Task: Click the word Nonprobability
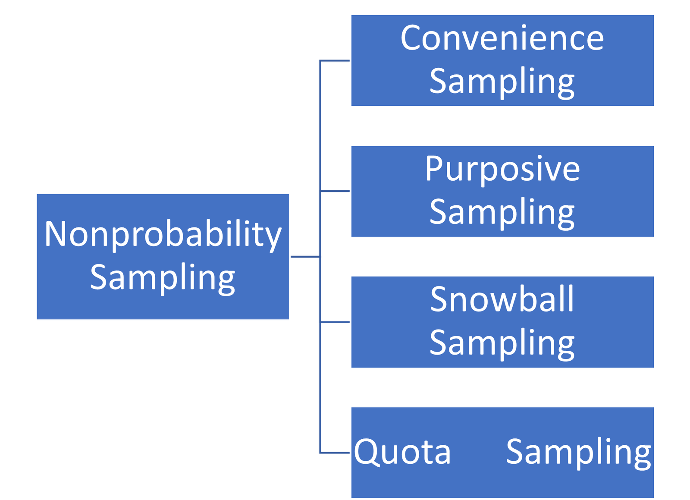[x=163, y=234]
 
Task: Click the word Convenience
[x=502, y=38]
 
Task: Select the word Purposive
[x=502, y=169]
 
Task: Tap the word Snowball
[x=502, y=299]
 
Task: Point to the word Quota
[x=402, y=452]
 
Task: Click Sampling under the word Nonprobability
[x=163, y=278]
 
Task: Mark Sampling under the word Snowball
[x=502, y=343]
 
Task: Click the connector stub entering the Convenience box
[x=335, y=61]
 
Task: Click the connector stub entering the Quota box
[x=335, y=453]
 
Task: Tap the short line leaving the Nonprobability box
[x=305, y=256]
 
